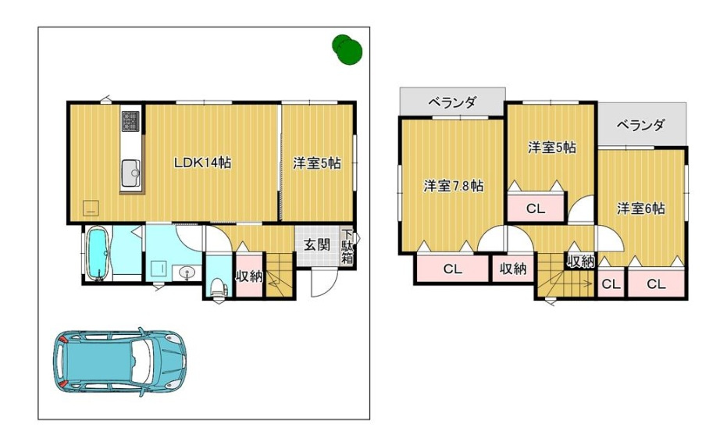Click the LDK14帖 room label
(x=201, y=162)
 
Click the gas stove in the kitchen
(x=130, y=121)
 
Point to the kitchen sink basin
(x=130, y=169)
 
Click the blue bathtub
(x=98, y=252)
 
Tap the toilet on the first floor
(x=217, y=287)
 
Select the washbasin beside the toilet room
(x=187, y=273)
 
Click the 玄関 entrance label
(x=316, y=244)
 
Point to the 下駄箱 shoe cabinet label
(x=347, y=248)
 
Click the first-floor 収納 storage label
(x=249, y=276)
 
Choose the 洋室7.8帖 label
(x=453, y=186)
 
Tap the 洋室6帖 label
(x=640, y=209)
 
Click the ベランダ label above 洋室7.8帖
(x=451, y=102)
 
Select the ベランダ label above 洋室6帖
(x=640, y=124)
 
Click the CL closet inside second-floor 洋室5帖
(x=535, y=209)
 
